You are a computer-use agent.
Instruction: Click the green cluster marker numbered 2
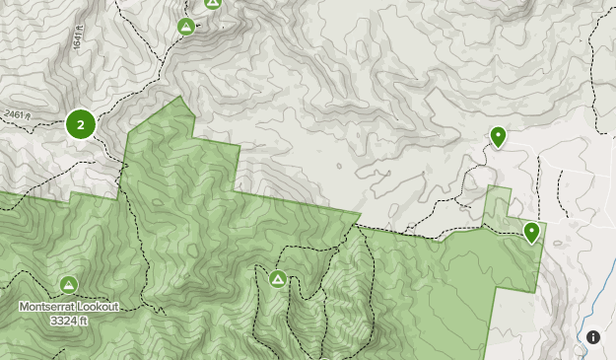point(81,125)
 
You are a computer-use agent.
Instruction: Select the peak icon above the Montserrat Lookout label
point(68,285)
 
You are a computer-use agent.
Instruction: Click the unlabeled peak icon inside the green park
point(278,279)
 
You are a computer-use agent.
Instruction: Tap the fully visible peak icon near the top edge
point(185,27)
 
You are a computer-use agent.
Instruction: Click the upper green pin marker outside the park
point(498,136)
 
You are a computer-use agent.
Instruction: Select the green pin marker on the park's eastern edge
point(531,232)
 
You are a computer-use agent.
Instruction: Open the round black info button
point(593,337)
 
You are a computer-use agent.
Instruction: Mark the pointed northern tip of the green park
point(179,98)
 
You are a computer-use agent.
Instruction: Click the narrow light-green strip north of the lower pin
point(498,202)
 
